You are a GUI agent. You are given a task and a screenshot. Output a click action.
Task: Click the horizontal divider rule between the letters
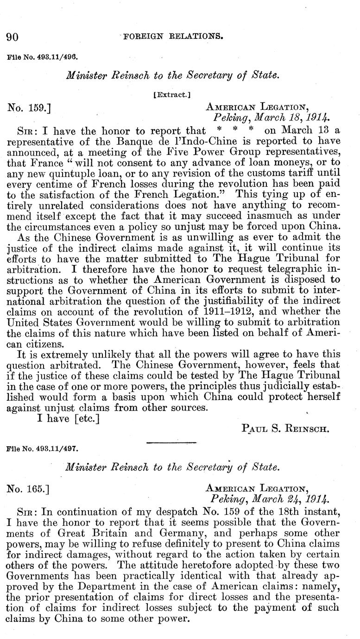coord(164,443)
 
